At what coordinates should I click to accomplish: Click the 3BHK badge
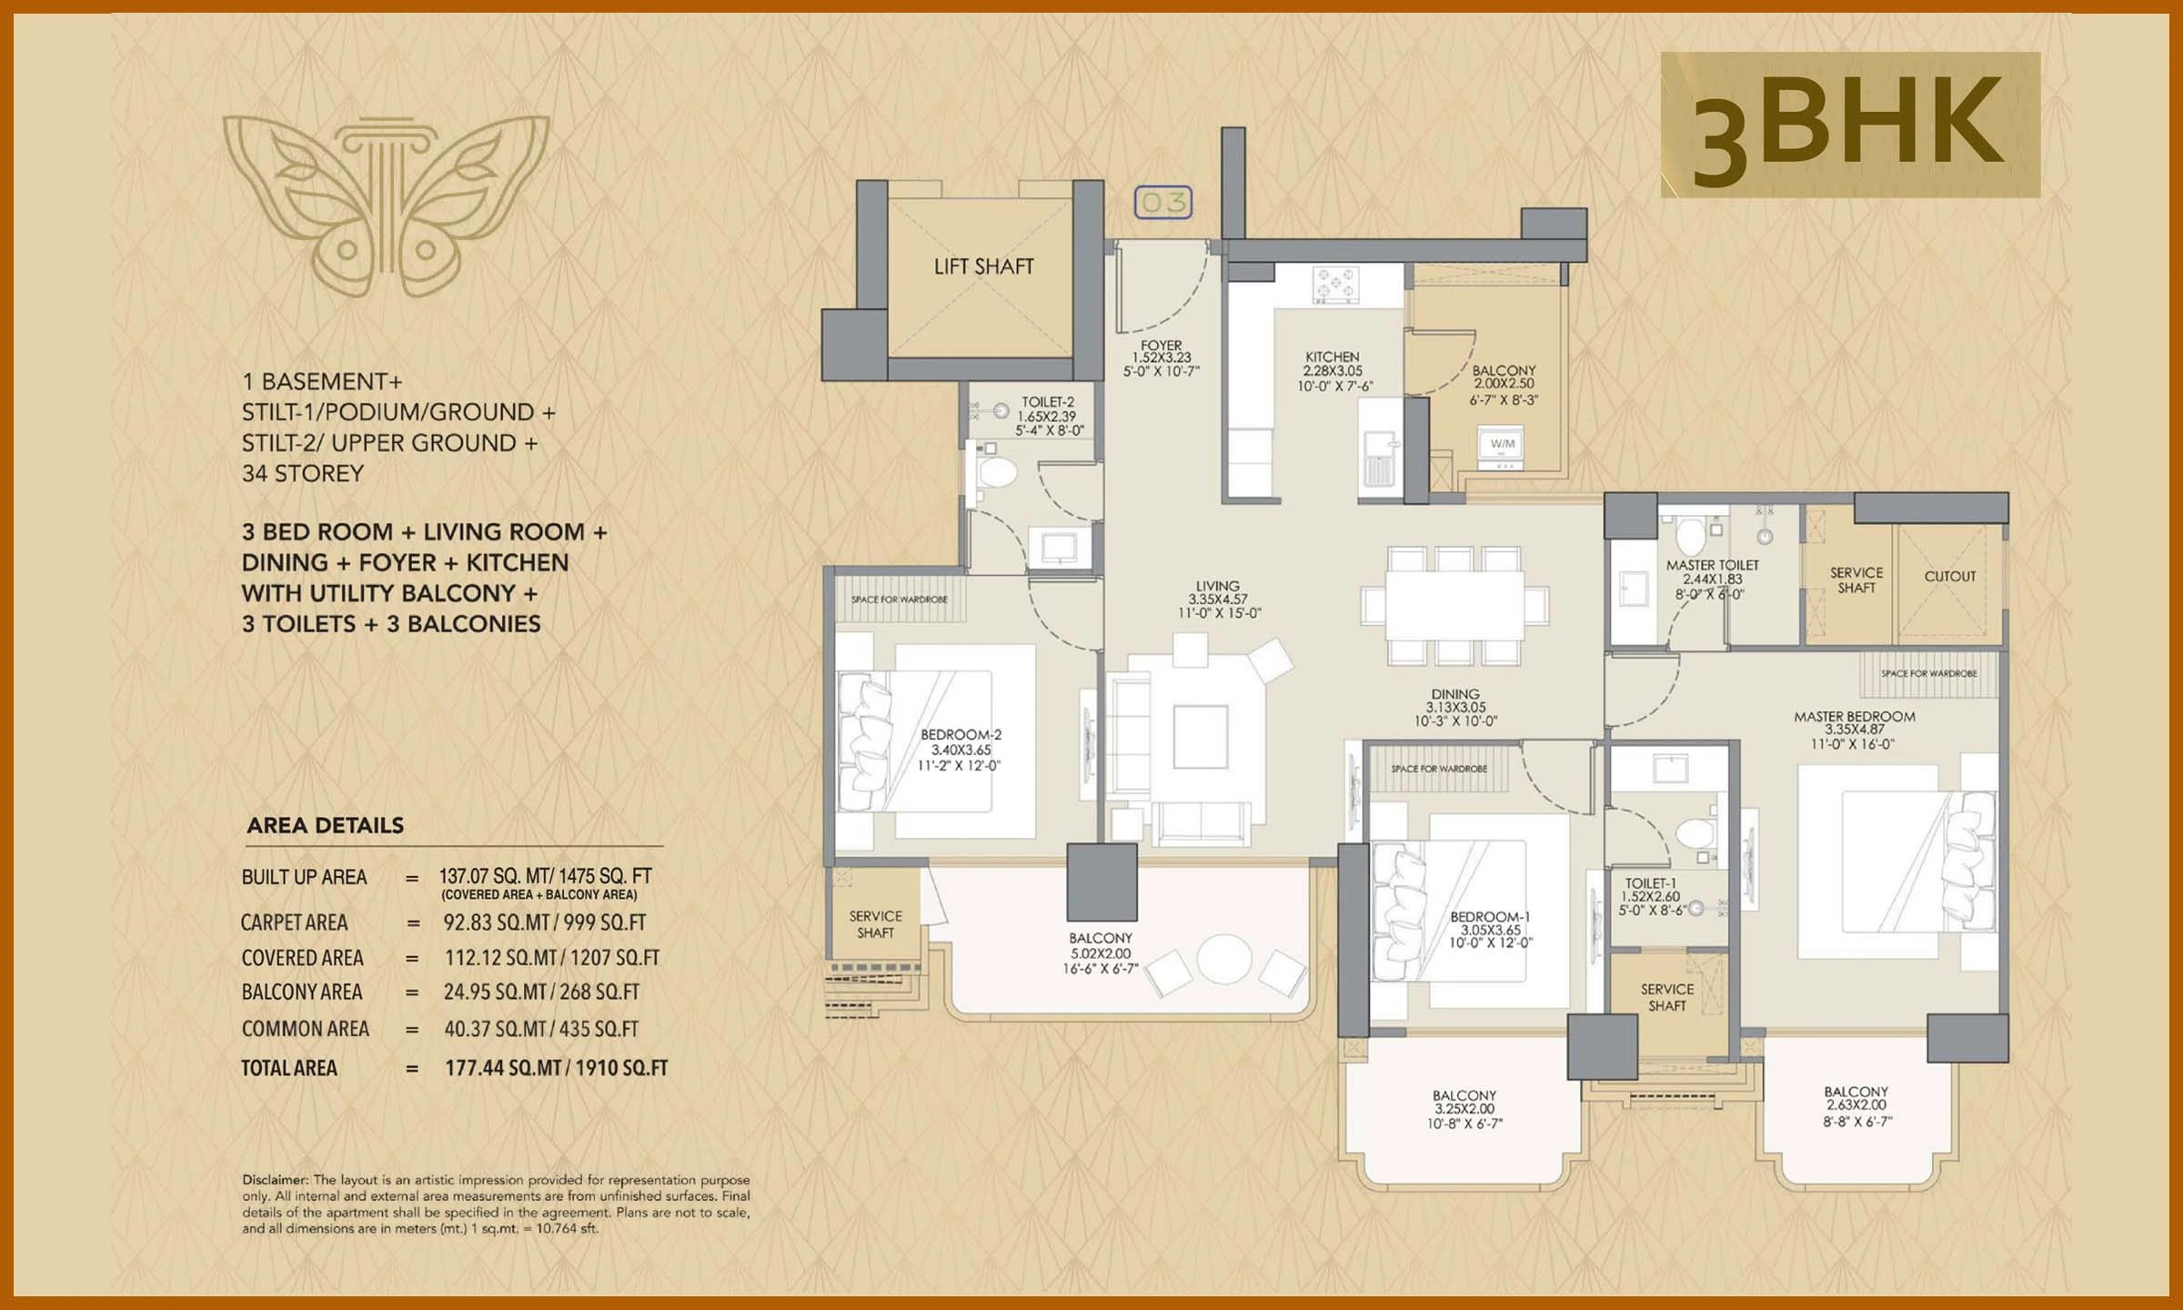pos(1849,125)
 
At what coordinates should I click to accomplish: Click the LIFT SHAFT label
pos(983,267)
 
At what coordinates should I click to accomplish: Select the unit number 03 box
pos(1162,202)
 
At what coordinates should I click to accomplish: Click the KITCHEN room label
pos(1333,358)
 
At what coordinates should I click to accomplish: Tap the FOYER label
pos(1161,346)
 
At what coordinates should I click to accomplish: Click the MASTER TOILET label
pos(1712,565)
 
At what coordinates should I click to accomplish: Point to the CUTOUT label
pos(1949,576)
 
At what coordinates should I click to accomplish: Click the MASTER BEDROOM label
pos(1854,717)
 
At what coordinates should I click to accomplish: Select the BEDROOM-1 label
pos(1490,917)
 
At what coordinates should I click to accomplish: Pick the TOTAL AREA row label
pos(288,1068)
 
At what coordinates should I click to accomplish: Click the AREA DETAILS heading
pos(325,825)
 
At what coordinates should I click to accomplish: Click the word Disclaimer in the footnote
pos(275,1180)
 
